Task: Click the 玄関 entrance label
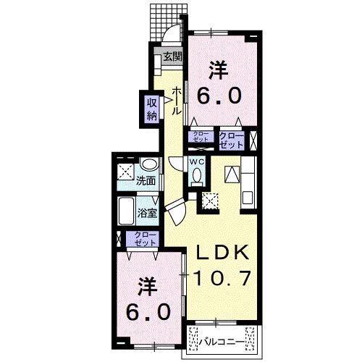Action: pos(172,57)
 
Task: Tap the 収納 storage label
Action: pos(152,109)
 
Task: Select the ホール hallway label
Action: pos(177,101)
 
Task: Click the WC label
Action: pos(197,161)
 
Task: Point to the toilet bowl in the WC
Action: pos(198,174)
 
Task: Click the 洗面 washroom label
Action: pos(146,181)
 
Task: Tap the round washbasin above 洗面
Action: pos(150,164)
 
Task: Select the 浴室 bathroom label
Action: pos(147,213)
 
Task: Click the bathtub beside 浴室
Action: pos(126,211)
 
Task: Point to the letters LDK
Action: pos(223,252)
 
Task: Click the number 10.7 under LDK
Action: pos(222,278)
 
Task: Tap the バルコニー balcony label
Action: pos(221,342)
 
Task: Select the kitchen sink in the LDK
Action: pos(248,198)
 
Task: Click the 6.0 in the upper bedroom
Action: pos(219,96)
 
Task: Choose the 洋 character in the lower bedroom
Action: pos(148,287)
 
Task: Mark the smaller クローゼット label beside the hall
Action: pos(201,137)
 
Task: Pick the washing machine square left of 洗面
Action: pos(125,172)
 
